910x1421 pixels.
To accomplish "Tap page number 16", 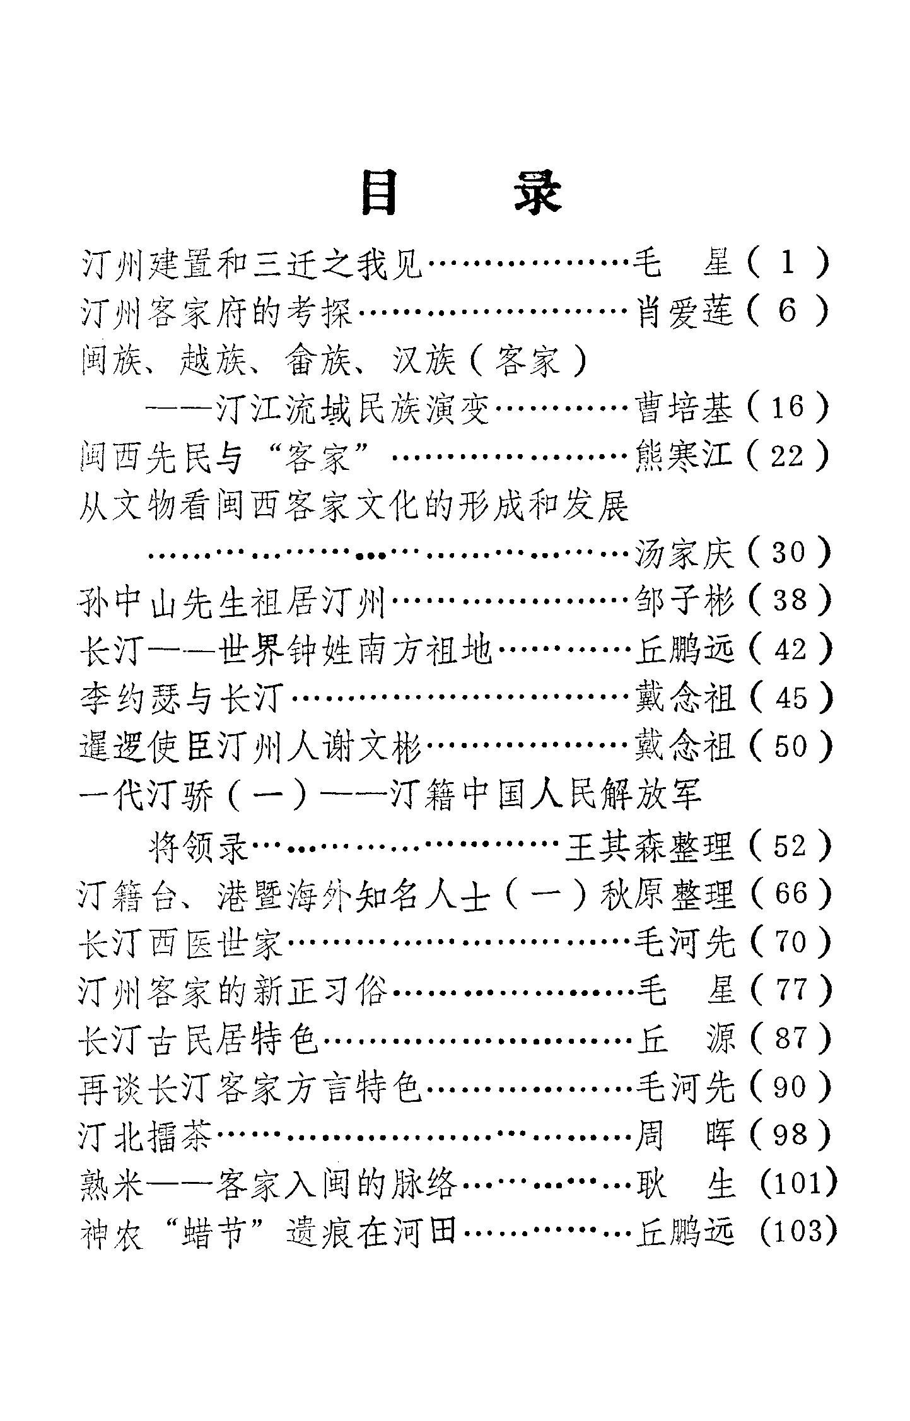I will (x=788, y=407).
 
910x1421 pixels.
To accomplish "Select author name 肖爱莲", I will (x=685, y=312).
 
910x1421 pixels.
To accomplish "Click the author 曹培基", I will (x=685, y=407).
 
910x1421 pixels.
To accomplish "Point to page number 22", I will (x=788, y=456).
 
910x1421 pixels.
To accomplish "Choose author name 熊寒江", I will (x=685, y=456).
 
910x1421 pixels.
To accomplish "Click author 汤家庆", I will (x=685, y=553).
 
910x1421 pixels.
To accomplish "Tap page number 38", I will (x=788, y=600).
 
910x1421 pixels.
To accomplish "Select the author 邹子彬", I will (x=685, y=600).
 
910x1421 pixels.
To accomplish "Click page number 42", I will (x=788, y=650).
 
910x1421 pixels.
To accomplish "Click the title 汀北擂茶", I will (x=149, y=1134).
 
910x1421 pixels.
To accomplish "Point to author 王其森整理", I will (x=650, y=846).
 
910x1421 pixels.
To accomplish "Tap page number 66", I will (x=788, y=894).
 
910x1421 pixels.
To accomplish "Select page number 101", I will (x=798, y=1183).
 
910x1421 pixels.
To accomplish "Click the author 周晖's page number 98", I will (x=788, y=1134).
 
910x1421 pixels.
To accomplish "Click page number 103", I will (x=798, y=1231).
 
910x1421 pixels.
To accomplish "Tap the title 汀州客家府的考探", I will (x=218, y=312).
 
